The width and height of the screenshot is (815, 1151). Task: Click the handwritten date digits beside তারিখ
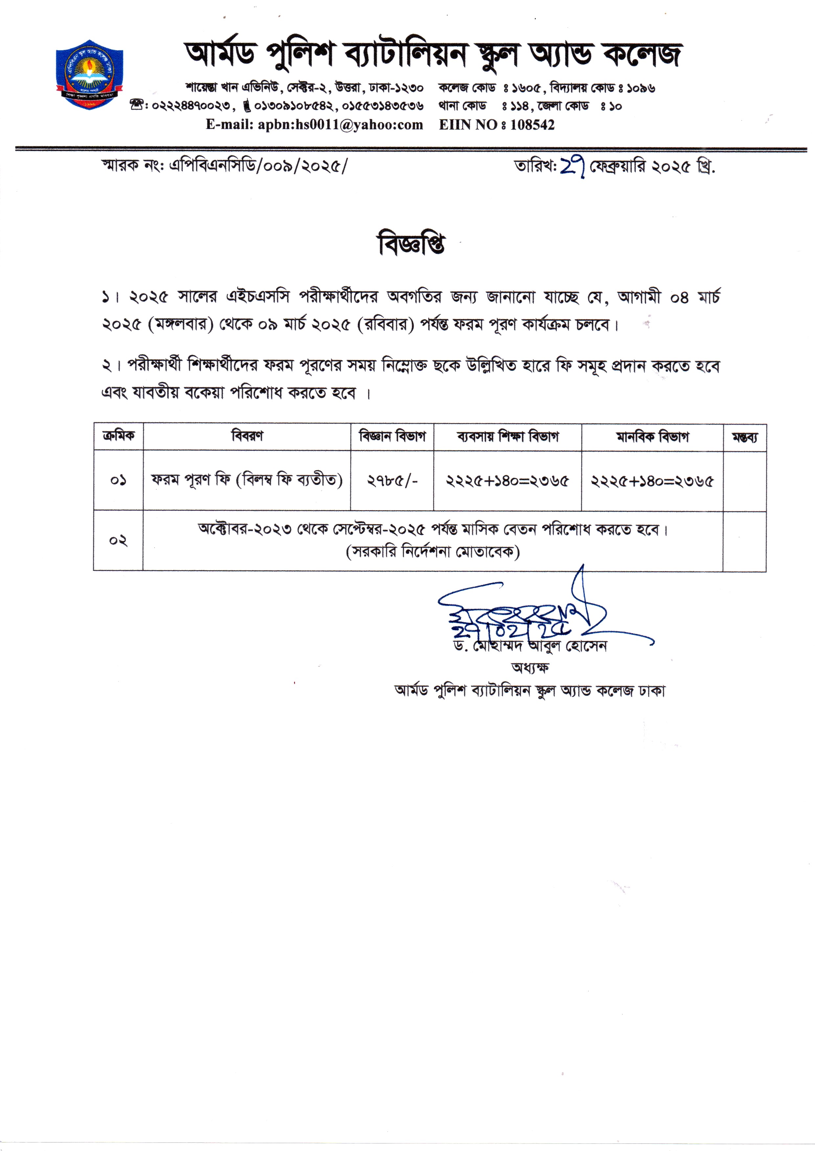pyautogui.click(x=572, y=166)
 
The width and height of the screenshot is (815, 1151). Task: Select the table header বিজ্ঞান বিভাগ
pyautogui.click(x=392, y=436)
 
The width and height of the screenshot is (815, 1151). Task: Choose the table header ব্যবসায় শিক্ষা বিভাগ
pyautogui.click(x=508, y=436)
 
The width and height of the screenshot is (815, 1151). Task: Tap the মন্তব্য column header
pyautogui.click(x=744, y=437)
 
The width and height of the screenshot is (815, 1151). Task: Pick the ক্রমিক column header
pyautogui.click(x=119, y=436)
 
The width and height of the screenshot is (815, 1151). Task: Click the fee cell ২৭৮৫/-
pyautogui.click(x=392, y=481)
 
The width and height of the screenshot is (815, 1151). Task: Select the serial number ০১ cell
pyautogui.click(x=119, y=481)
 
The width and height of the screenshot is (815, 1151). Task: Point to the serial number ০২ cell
pyautogui.click(x=119, y=541)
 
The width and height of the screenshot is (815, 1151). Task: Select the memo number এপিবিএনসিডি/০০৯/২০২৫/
pyautogui.click(x=258, y=165)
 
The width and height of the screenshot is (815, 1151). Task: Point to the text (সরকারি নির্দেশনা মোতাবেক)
pyautogui.click(x=433, y=552)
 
